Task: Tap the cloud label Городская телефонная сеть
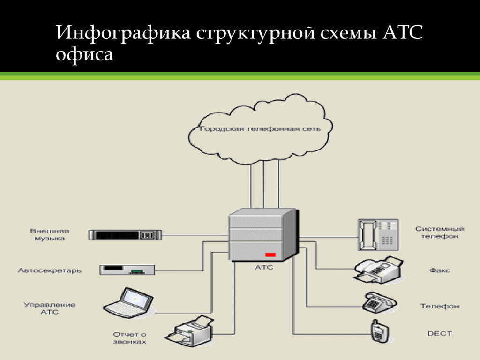[x=260, y=129]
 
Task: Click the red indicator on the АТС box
[x=270, y=255]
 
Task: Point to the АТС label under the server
[x=263, y=268]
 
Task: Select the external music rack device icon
[x=125, y=234]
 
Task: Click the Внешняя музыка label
[x=50, y=234]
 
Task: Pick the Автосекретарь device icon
[x=127, y=270]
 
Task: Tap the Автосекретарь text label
[x=50, y=270]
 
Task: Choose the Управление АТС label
[x=50, y=308]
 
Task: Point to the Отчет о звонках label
[x=130, y=338]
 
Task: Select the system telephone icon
[x=378, y=233]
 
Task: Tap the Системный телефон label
[x=440, y=232]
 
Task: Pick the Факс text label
[x=440, y=270]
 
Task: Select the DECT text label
[x=440, y=334]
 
